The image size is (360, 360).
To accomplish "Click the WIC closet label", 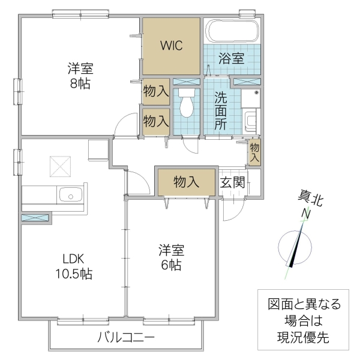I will (x=171, y=46).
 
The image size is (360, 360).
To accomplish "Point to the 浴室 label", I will (x=232, y=59).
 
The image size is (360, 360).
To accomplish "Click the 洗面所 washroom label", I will (x=220, y=110).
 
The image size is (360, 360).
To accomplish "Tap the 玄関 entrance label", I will (x=232, y=182).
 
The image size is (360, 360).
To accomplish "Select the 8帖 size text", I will (x=80, y=85).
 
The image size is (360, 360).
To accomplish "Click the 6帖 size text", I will (x=171, y=265).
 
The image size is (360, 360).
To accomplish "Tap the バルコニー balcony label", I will (x=126, y=337).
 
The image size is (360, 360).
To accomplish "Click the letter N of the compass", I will (x=306, y=214).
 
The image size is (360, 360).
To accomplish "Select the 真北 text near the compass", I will (x=310, y=199).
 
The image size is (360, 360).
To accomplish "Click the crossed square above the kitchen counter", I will (x=60, y=167).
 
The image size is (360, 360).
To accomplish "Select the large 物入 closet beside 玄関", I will (x=186, y=182).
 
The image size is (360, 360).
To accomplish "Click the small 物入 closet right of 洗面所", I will (x=254, y=153).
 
